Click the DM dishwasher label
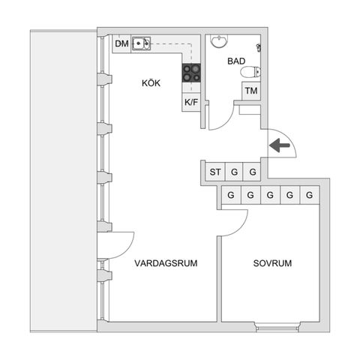click(121, 43)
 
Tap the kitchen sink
click(141, 43)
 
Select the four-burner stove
click(191, 73)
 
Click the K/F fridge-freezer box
click(191, 102)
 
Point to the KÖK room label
click(151, 83)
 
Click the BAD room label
click(236, 61)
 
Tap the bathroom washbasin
click(219, 41)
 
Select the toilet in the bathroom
click(250, 72)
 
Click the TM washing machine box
click(251, 91)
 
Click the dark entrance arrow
click(280, 145)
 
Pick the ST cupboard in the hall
click(215, 172)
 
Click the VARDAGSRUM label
click(166, 263)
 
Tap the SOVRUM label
click(272, 263)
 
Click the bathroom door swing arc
click(226, 123)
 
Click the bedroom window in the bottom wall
click(277, 327)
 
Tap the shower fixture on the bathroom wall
click(259, 47)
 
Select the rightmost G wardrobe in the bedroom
click(310, 195)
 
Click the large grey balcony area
click(64, 181)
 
